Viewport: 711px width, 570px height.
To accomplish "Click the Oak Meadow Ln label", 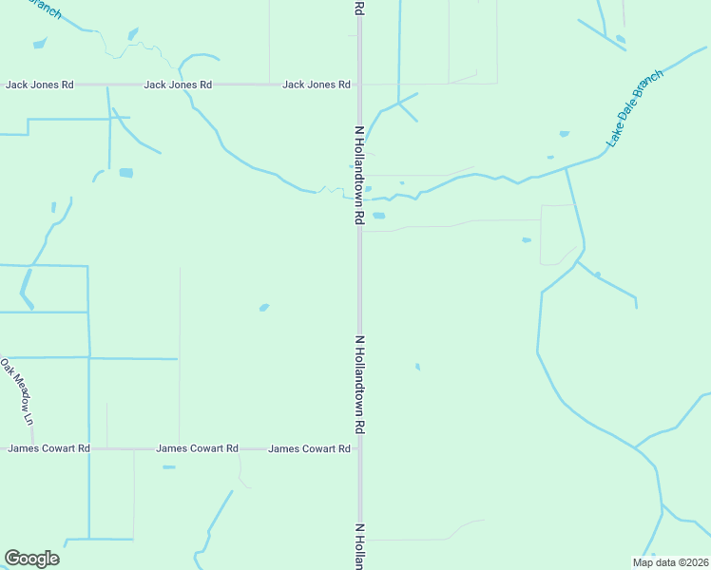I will point(16,391).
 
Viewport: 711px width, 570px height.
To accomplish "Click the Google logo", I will point(31,559).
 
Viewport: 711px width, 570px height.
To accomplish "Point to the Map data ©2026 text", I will point(670,562).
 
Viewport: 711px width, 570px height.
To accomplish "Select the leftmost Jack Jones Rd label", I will point(40,85).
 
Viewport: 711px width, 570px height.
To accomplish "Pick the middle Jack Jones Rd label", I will point(178,85).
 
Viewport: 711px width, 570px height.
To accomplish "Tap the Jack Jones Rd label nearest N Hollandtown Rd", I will point(317,85).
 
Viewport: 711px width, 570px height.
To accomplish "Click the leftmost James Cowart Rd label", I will point(49,448).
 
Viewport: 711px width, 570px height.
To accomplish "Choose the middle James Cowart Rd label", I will point(197,448).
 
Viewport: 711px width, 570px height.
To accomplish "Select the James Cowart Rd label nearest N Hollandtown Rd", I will point(309,448).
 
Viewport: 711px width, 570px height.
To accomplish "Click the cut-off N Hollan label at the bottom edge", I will point(359,546).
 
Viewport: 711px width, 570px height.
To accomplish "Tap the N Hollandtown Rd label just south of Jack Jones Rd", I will point(359,175).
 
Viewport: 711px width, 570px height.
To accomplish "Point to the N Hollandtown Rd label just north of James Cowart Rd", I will point(359,385).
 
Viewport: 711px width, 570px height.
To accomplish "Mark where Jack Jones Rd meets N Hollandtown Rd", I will point(359,85).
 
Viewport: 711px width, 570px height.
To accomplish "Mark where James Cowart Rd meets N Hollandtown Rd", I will point(359,448).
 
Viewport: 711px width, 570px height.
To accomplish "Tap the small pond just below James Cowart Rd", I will point(168,466).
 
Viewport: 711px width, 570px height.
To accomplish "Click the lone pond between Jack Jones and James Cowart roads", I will point(263,307).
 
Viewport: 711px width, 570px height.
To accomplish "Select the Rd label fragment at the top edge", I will point(359,8).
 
